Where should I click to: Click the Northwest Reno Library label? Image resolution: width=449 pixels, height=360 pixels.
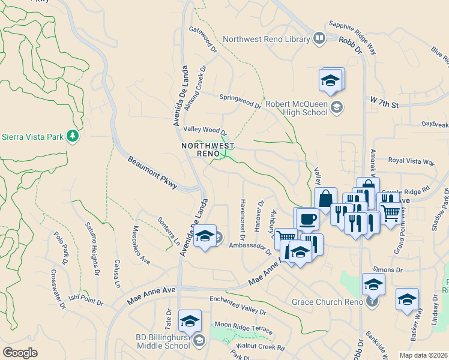pyautogui.click(x=265, y=40)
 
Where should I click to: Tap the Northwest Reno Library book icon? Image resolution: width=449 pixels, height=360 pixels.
pyautogui.click(x=319, y=39)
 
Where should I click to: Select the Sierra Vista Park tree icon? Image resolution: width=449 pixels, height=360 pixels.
pyautogui.click(x=73, y=136)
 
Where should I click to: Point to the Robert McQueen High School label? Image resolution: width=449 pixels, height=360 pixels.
pyautogui.click(x=297, y=107)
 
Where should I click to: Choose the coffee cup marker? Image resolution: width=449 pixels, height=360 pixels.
pyautogui.click(x=307, y=218)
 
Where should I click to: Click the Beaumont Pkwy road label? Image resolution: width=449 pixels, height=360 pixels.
pyautogui.click(x=152, y=173)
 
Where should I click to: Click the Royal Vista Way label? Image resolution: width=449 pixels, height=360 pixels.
pyautogui.click(x=411, y=161)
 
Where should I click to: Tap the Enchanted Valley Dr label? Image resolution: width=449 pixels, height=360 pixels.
pyautogui.click(x=237, y=305)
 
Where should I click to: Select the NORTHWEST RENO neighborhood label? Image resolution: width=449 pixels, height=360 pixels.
pyautogui.click(x=208, y=149)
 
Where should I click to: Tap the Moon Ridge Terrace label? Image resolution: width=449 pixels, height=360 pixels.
pyautogui.click(x=244, y=328)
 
